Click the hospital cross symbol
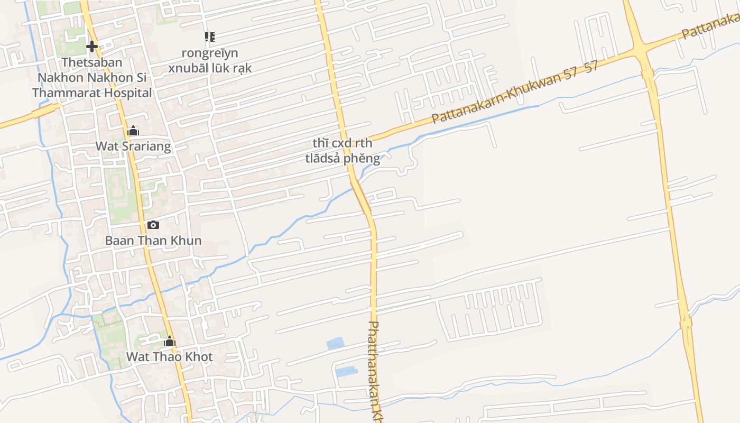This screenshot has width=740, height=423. click(x=92, y=47)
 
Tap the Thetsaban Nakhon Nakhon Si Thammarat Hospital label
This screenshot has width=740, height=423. click(x=92, y=78)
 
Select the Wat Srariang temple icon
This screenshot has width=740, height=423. click(x=133, y=131)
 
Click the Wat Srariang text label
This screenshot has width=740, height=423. click(x=133, y=146)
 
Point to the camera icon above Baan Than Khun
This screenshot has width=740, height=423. click(x=153, y=225)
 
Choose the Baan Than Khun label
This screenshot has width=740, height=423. click(x=153, y=241)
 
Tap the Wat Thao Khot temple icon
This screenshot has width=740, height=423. click(x=170, y=341)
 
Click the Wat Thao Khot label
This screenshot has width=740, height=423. click(x=169, y=357)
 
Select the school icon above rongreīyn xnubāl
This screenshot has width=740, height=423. click(x=210, y=37)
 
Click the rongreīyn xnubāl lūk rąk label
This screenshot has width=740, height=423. click(x=210, y=61)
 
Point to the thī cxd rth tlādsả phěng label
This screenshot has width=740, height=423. click(x=343, y=151)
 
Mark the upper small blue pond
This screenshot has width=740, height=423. click(x=335, y=344)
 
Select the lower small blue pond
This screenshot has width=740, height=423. click(x=347, y=372)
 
